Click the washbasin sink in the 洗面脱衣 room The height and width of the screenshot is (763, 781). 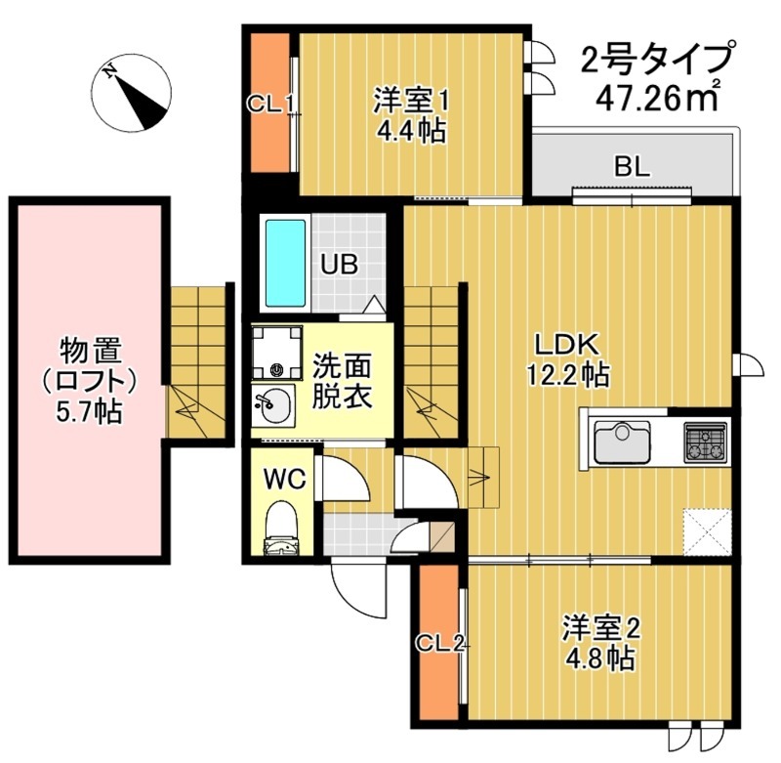(272, 404)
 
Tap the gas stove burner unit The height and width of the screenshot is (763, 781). (705, 441)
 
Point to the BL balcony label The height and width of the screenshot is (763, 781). (631, 166)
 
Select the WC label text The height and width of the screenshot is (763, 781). (284, 478)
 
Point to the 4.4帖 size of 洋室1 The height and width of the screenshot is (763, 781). (412, 129)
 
